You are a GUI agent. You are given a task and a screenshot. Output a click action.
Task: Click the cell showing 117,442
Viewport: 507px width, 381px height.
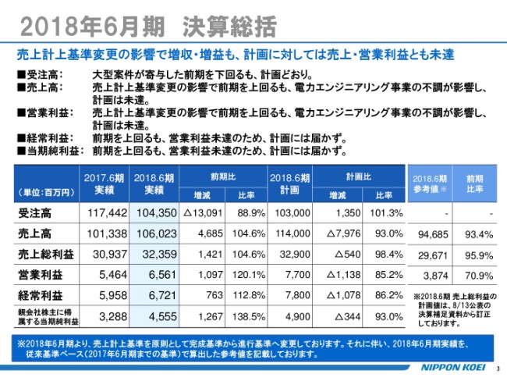(104, 212)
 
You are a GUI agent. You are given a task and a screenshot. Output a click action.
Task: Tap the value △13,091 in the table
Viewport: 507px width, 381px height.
(204, 212)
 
